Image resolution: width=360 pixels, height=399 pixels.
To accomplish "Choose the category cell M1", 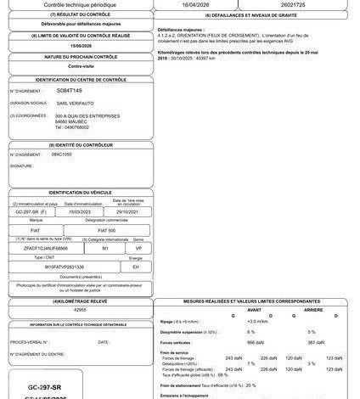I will pyautogui.click(x=105, y=248).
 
